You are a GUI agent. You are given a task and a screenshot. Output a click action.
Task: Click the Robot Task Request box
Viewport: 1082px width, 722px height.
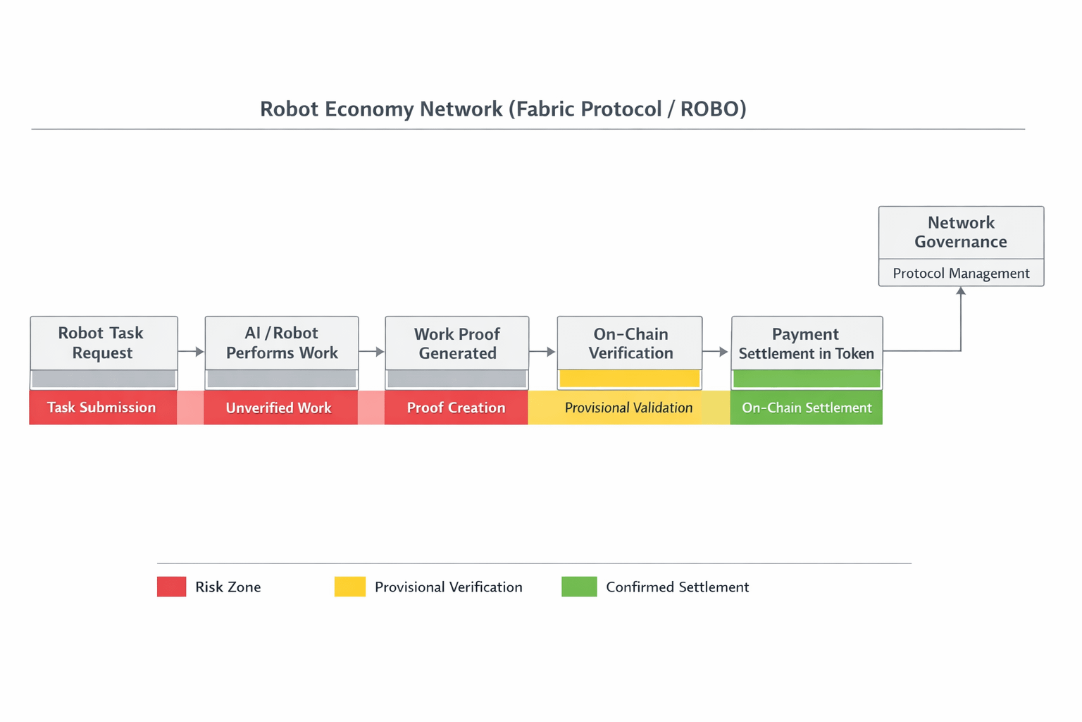(x=104, y=343)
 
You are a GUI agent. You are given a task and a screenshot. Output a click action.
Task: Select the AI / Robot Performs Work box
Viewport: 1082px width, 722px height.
(x=282, y=343)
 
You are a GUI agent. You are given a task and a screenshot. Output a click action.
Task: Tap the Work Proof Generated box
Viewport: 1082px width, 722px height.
(x=457, y=343)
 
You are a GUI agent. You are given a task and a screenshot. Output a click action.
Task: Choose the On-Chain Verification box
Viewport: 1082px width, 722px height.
(x=630, y=343)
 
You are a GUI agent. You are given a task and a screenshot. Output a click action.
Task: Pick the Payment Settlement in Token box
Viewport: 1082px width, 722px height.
(x=807, y=343)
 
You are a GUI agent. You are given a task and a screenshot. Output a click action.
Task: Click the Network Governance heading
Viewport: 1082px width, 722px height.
(x=961, y=232)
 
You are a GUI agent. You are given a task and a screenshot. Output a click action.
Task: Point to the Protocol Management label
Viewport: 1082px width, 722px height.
(x=961, y=273)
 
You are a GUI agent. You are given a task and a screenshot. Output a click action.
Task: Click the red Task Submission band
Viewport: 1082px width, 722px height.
(x=102, y=408)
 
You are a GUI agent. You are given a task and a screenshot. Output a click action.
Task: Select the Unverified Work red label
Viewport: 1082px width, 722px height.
(x=279, y=408)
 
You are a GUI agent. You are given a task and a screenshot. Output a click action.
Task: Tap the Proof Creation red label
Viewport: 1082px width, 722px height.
(x=456, y=408)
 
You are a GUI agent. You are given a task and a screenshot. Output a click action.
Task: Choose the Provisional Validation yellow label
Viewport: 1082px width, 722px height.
(x=628, y=408)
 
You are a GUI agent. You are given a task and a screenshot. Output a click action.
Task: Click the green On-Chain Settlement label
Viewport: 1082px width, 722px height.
(x=807, y=408)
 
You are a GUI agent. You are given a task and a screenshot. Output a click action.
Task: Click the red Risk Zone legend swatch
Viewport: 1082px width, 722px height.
(x=171, y=587)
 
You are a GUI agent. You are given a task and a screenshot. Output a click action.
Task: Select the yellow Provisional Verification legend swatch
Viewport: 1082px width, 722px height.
(x=350, y=587)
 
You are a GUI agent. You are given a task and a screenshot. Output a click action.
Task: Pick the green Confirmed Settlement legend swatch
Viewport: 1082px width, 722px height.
(x=579, y=587)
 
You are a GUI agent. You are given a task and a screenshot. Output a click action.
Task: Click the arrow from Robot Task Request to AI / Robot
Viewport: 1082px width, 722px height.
(x=191, y=351)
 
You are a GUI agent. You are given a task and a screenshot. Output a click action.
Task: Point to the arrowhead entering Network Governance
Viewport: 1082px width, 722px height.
(x=961, y=291)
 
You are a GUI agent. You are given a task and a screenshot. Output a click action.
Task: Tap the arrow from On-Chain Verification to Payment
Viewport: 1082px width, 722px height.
(x=716, y=351)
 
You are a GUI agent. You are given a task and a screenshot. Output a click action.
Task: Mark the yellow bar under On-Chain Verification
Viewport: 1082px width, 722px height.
(x=630, y=379)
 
